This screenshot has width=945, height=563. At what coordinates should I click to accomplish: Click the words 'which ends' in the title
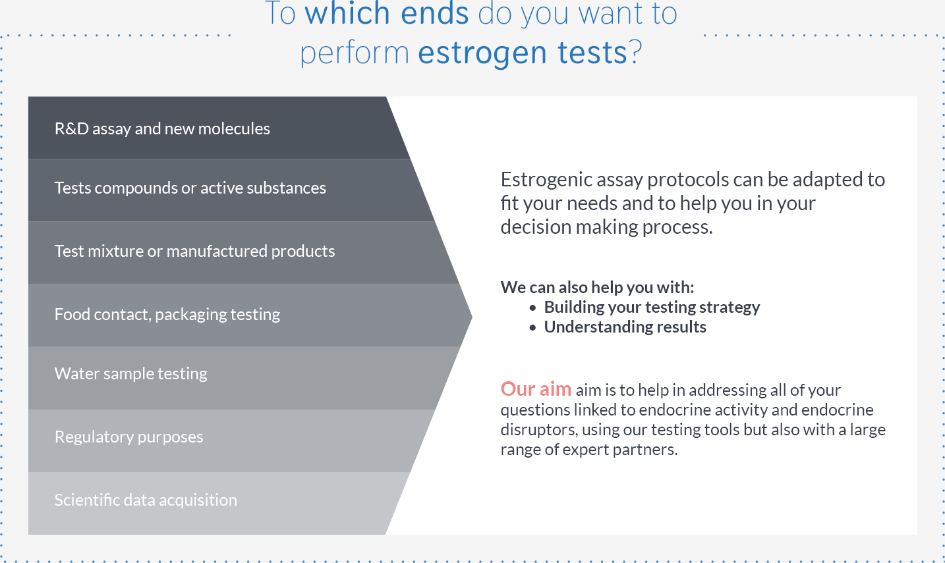386,13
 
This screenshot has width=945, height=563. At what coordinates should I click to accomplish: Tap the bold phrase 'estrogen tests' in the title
523,53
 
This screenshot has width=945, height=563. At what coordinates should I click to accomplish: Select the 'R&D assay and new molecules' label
162,128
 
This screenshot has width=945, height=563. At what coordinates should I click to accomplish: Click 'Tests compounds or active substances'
190,188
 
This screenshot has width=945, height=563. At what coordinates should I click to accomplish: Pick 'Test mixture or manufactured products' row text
194,251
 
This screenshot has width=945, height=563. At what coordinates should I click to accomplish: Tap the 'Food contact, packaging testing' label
167,314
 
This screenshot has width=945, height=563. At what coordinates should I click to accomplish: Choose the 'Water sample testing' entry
130,374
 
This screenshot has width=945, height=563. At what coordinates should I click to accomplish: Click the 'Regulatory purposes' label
129,437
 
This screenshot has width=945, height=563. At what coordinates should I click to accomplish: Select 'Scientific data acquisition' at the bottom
146,500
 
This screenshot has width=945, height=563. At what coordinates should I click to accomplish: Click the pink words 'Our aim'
536,389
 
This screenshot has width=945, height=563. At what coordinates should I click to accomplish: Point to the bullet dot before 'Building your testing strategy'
532,308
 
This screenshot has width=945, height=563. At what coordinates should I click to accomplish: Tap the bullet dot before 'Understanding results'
532,328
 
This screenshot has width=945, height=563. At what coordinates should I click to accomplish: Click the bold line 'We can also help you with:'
597,287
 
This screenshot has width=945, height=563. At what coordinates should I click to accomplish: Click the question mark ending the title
635,52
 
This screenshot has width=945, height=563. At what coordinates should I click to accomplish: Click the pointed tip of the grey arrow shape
472,317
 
